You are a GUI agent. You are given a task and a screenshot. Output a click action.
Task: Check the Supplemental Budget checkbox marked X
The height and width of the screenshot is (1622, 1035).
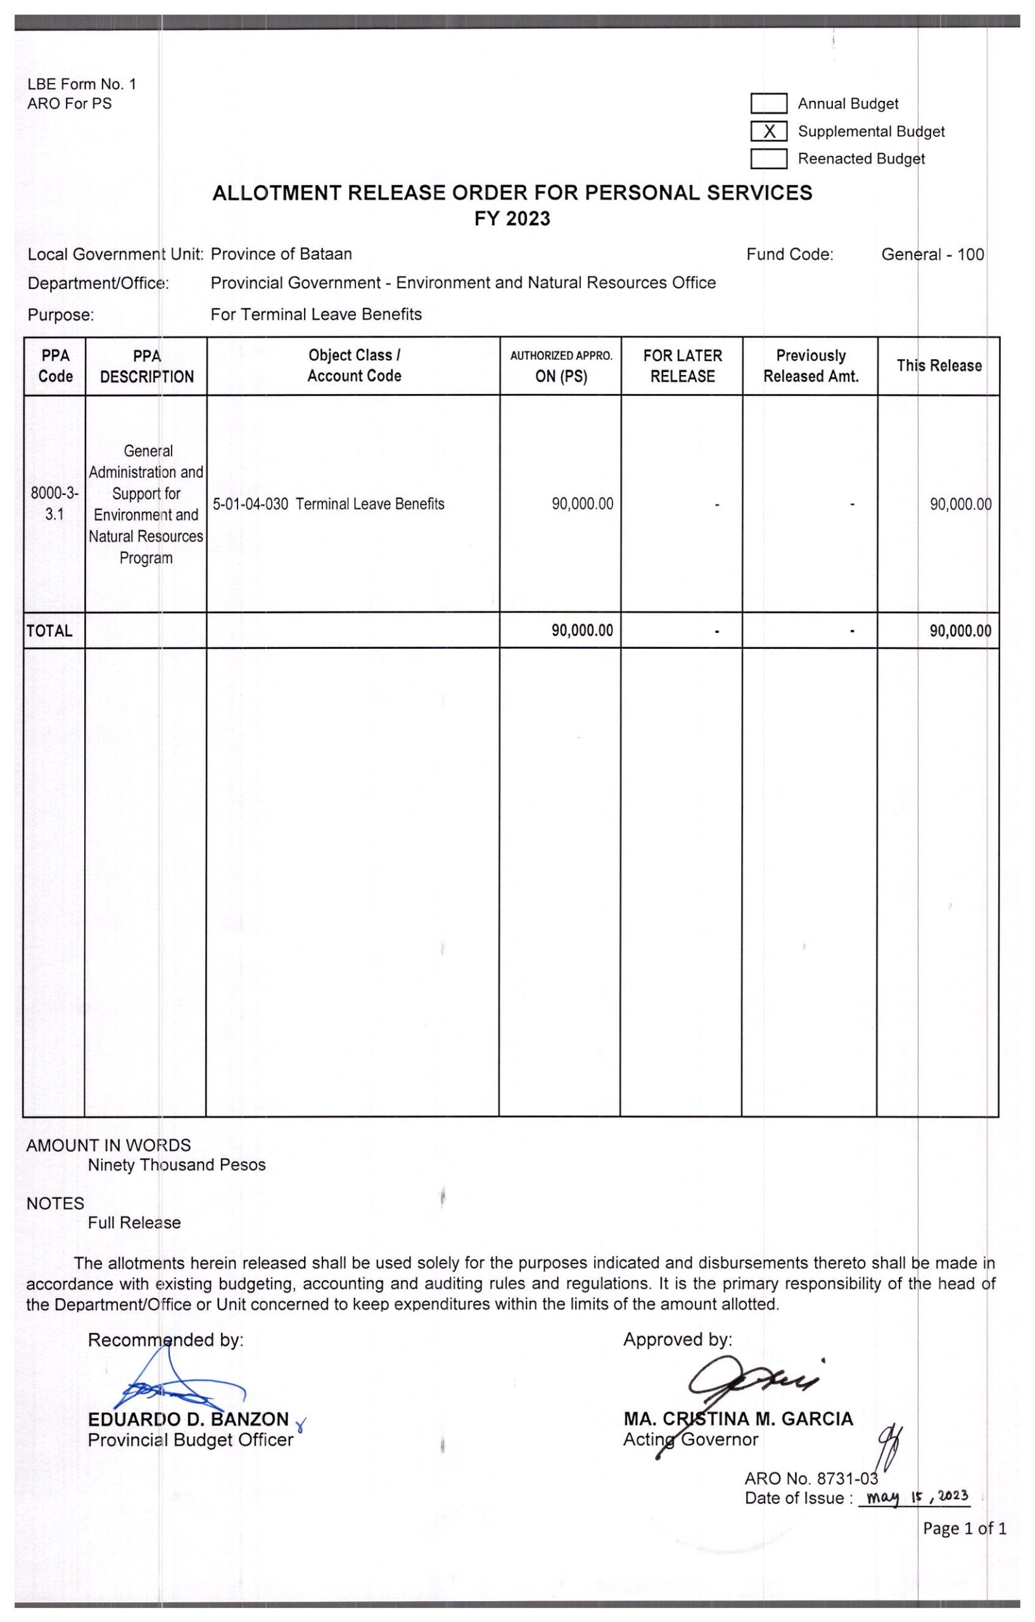point(768,131)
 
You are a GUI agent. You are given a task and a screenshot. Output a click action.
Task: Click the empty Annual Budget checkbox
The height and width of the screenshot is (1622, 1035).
point(768,104)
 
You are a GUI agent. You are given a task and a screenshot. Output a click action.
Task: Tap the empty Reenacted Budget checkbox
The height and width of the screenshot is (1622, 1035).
point(768,159)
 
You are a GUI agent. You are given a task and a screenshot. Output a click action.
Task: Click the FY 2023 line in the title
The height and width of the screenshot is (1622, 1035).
point(512,219)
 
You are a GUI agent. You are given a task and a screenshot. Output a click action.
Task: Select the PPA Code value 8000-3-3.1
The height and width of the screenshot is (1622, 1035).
point(54,504)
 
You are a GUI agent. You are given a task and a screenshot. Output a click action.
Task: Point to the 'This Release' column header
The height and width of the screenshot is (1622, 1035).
point(939,366)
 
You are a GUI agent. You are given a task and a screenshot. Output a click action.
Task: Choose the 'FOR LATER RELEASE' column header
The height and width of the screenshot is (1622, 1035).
point(682,366)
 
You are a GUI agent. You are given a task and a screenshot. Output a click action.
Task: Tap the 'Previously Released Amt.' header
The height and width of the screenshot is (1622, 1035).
point(811,366)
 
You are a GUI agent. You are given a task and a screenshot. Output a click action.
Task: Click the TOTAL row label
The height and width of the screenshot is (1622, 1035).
point(49,631)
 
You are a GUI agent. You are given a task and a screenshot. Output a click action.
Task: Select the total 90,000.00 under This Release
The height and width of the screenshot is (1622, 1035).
point(960,631)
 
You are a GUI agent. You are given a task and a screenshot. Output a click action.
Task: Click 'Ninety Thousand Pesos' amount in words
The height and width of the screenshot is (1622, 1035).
point(177,1165)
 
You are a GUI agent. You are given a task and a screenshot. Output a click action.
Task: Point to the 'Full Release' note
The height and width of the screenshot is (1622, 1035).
point(134,1223)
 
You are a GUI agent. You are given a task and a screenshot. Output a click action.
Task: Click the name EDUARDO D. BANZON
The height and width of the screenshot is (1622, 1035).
point(189,1419)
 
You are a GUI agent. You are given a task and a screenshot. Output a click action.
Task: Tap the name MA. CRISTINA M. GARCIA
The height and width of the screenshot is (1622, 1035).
point(738,1419)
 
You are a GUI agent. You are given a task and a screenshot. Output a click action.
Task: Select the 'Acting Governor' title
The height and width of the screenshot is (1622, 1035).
point(690,1439)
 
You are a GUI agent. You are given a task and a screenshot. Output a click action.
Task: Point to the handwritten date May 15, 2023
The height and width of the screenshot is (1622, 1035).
point(917,1497)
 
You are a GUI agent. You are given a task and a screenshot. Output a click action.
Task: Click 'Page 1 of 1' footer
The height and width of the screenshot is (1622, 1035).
point(964,1528)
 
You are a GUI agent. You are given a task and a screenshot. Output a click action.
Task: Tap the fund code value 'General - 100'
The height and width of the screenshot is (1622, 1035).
point(932,255)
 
